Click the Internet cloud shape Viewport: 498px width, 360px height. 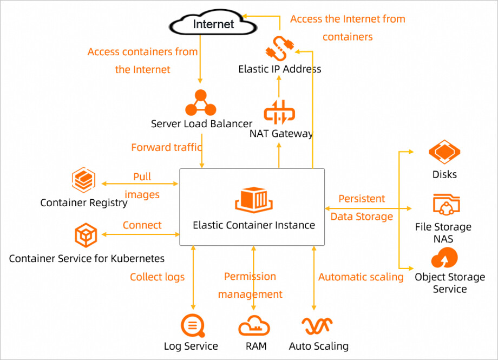click(x=213, y=23)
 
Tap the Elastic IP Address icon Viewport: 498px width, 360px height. click(x=280, y=48)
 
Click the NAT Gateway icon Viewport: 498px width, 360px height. click(x=279, y=113)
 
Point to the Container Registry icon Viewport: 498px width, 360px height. click(x=83, y=180)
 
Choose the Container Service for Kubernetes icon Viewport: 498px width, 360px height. click(x=86, y=235)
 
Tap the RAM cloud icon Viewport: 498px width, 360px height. click(x=254, y=326)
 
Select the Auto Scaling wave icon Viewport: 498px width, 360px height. click(x=318, y=326)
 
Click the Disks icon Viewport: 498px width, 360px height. click(x=444, y=153)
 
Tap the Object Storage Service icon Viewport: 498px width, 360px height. click(x=444, y=258)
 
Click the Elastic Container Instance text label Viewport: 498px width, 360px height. click(x=254, y=225)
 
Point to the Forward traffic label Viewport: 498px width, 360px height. click(x=167, y=147)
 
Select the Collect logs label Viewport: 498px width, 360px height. click(x=157, y=277)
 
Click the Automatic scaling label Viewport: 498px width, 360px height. click(x=361, y=277)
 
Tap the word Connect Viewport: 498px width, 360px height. click(x=142, y=225)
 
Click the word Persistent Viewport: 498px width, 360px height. click(x=362, y=199)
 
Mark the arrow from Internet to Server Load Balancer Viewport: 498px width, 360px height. click(x=201, y=60)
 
